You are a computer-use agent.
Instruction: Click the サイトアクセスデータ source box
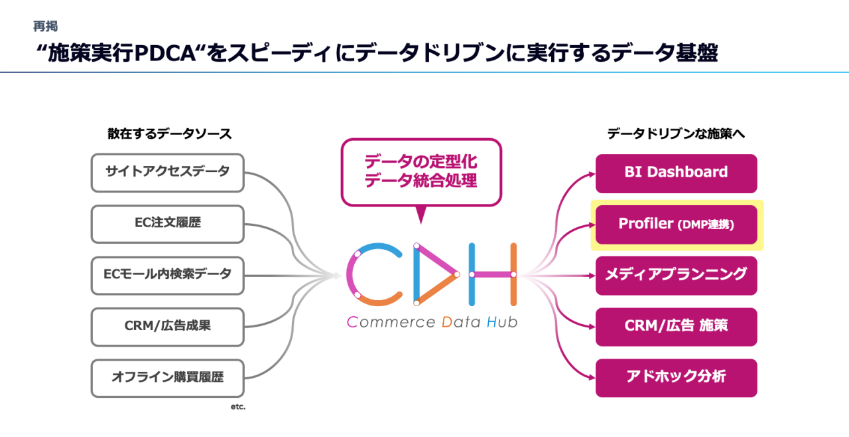click(167, 173)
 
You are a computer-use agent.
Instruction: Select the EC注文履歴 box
click(167, 224)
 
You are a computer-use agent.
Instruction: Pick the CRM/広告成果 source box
click(167, 326)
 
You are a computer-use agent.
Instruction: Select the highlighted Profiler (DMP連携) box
click(676, 224)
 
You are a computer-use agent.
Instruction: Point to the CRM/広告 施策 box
click(676, 326)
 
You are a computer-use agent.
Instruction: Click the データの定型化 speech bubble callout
click(421, 172)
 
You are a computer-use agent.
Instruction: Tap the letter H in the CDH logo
click(492, 274)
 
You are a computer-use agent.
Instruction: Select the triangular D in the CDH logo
click(434, 274)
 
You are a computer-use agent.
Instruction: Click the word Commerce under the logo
click(389, 323)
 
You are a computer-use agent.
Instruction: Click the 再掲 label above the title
click(46, 27)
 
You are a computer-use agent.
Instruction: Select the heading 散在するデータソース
click(170, 133)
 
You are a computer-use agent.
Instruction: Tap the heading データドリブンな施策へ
click(677, 133)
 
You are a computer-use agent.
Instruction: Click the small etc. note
click(237, 406)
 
